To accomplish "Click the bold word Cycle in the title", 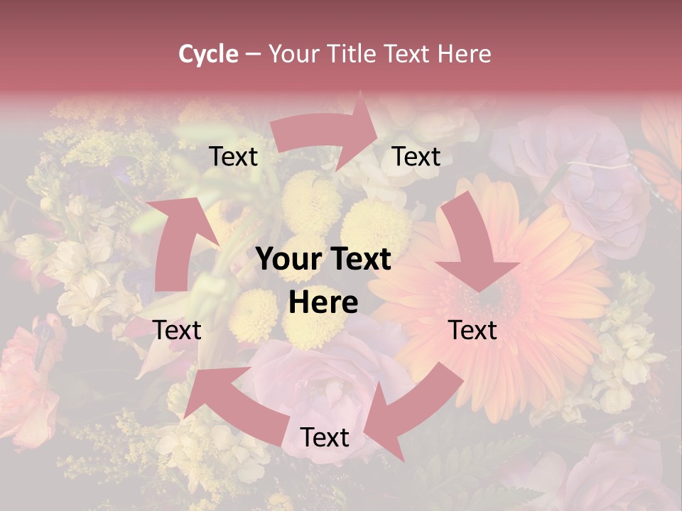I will [x=208, y=54].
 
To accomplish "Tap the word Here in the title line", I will [x=465, y=54].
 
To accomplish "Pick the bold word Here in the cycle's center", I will [x=323, y=303].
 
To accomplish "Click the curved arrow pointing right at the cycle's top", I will [x=327, y=131].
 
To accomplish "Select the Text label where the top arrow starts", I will [x=233, y=157].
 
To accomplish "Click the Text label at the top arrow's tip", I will [x=416, y=157].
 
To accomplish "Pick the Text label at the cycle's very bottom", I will [x=325, y=438].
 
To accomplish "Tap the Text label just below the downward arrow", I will [x=472, y=331].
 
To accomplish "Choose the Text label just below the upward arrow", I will [x=177, y=331].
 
